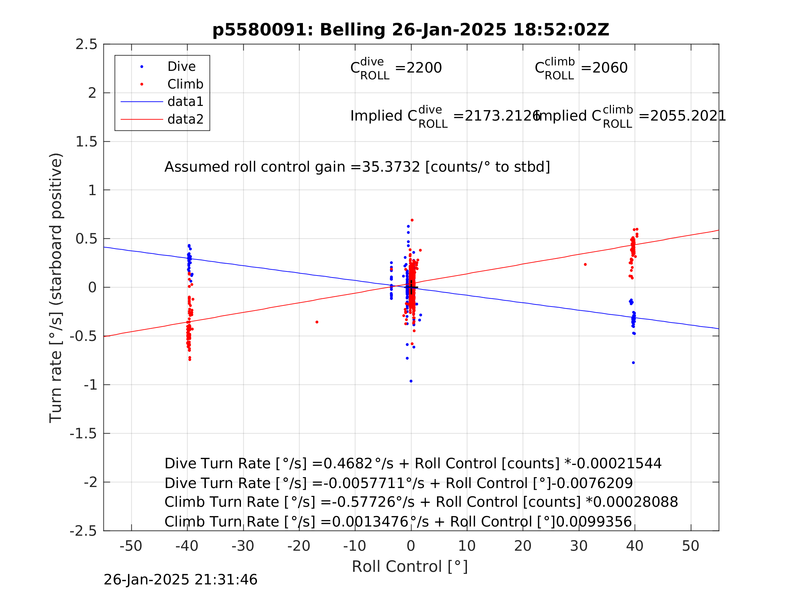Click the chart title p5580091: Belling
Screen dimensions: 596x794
(x=411, y=30)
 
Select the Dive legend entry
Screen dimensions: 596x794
(x=181, y=67)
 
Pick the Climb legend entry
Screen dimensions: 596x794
(x=185, y=84)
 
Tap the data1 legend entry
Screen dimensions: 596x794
(x=185, y=102)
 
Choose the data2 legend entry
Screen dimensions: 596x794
(x=185, y=119)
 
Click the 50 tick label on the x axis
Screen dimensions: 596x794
(x=691, y=546)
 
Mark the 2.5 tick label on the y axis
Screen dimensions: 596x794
(x=86, y=45)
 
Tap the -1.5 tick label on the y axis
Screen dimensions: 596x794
(x=84, y=434)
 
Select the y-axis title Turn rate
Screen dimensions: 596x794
(x=56, y=288)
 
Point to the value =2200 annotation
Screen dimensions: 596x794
(x=418, y=68)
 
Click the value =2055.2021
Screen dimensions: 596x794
(x=682, y=116)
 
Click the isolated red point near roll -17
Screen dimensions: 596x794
(x=317, y=322)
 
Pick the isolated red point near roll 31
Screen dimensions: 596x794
(x=585, y=265)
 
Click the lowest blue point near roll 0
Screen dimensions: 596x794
(x=411, y=381)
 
